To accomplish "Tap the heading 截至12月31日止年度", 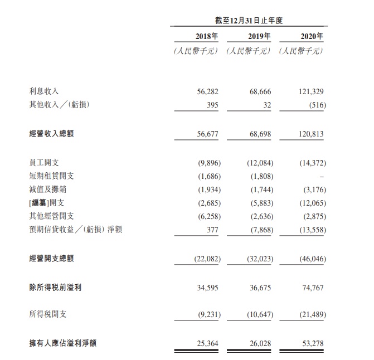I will click(x=249, y=20).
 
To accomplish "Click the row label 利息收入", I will click(x=44, y=91).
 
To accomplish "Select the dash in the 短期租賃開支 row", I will click(x=322, y=176).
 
